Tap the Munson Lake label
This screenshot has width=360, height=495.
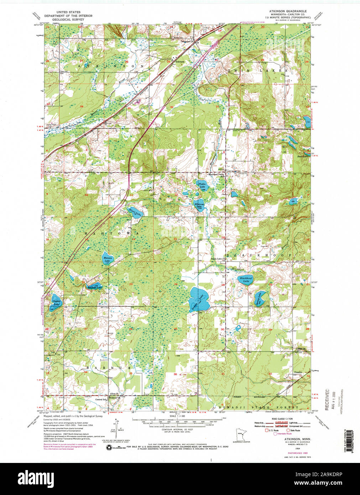click(108, 259)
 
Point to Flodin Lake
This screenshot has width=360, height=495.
click(202, 185)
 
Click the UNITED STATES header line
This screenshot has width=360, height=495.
click(68, 12)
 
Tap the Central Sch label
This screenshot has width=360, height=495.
click(100, 400)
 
